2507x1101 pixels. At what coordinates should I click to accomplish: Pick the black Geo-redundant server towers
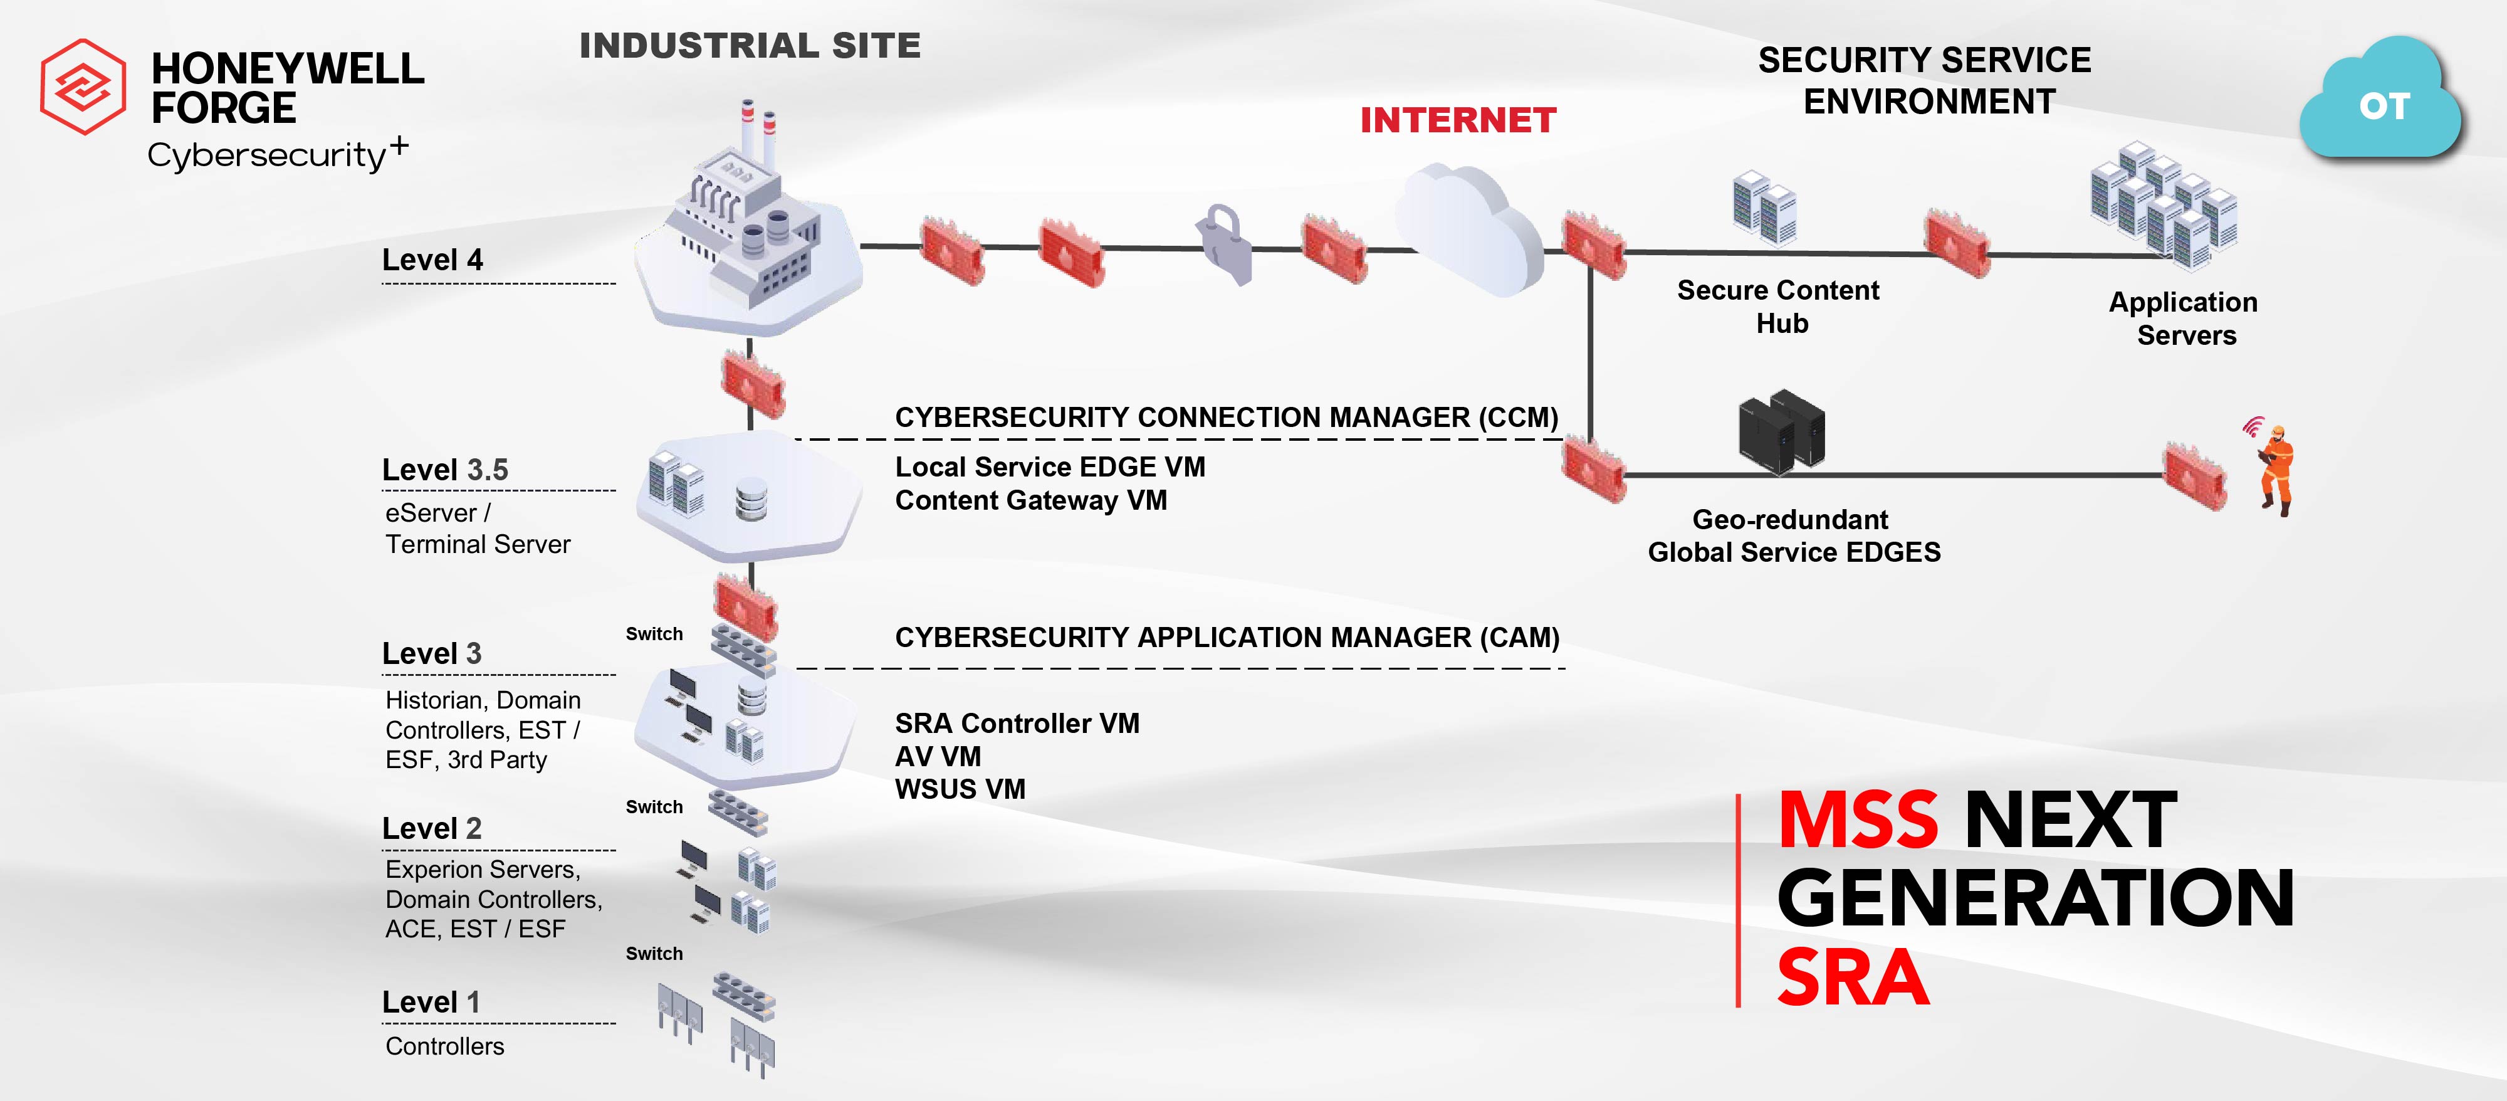click(1781, 431)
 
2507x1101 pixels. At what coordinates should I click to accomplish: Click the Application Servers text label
click(2184, 319)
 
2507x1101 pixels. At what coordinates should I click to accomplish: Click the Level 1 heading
click(431, 1002)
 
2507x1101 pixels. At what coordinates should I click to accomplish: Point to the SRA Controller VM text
click(1017, 724)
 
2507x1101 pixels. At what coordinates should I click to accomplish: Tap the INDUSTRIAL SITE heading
click(750, 46)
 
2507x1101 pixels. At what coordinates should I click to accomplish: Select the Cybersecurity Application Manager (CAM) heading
click(1227, 638)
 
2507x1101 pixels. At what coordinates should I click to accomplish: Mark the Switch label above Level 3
click(654, 634)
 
